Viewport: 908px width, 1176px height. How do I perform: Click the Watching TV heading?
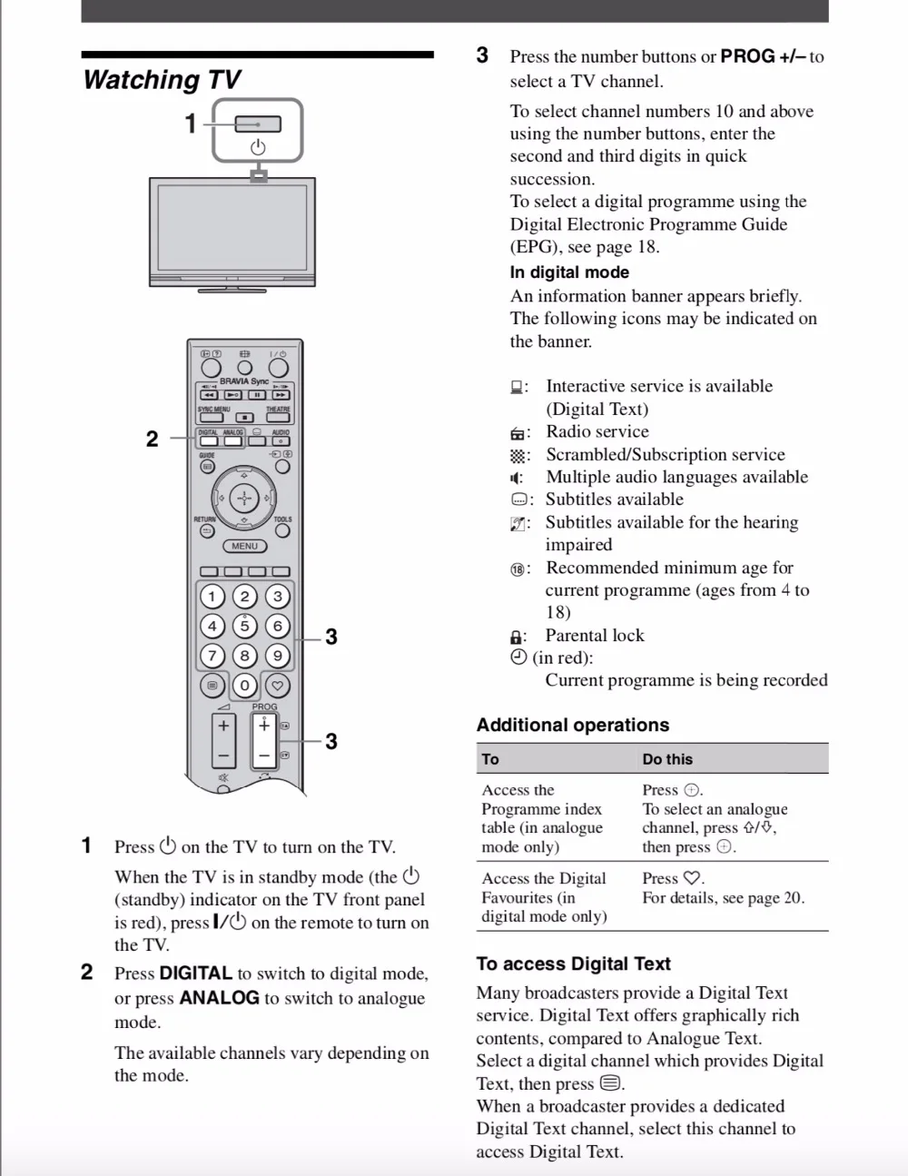pyautogui.click(x=162, y=80)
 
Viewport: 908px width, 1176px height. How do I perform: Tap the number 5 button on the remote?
pyautogui.click(x=244, y=626)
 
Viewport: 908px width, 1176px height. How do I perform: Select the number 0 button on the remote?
pyautogui.click(x=244, y=685)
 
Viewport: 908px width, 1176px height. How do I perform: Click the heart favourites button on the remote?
pyautogui.click(x=278, y=685)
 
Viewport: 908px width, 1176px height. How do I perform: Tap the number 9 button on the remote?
pyautogui.click(x=278, y=656)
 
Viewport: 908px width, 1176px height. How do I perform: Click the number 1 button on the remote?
pyautogui.click(x=212, y=597)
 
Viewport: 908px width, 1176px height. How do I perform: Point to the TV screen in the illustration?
pyautogui.click(x=232, y=228)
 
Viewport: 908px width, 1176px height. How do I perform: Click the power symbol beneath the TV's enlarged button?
pyautogui.click(x=258, y=147)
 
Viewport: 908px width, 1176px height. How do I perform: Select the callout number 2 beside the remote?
pyautogui.click(x=152, y=439)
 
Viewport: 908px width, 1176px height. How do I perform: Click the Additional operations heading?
pyautogui.click(x=573, y=725)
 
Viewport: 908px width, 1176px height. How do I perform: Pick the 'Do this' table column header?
pyautogui.click(x=667, y=759)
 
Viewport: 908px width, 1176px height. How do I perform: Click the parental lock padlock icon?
pyautogui.click(x=517, y=637)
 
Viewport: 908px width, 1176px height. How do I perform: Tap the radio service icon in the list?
pyautogui.click(x=518, y=433)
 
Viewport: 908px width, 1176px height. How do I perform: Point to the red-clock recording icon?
pyautogui.click(x=518, y=657)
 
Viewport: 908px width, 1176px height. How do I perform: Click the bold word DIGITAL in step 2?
pyautogui.click(x=196, y=973)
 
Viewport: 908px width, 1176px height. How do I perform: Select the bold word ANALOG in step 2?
pyautogui.click(x=219, y=997)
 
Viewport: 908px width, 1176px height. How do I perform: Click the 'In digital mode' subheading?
pyautogui.click(x=569, y=272)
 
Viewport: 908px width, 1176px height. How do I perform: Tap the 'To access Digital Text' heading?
pyautogui.click(x=573, y=964)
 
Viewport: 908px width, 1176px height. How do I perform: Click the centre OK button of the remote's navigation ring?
pyautogui.click(x=244, y=498)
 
